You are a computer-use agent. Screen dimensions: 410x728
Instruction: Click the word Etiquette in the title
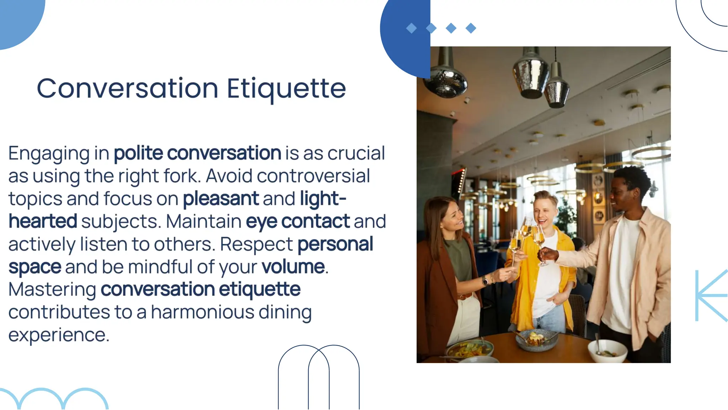pos(286,89)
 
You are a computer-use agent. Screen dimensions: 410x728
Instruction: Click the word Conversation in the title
pos(127,89)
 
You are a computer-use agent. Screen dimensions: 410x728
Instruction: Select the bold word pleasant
pos(221,198)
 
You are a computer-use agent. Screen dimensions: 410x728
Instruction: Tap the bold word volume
pos(293,267)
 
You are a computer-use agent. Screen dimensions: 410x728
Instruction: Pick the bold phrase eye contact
pos(298,221)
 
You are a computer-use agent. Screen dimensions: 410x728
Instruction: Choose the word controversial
pos(313,176)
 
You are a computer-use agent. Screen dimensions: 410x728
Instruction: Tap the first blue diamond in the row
pos(411,28)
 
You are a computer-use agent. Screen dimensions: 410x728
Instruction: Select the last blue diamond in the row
pos(471,28)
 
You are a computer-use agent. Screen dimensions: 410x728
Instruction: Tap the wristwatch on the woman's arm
pos(485,281)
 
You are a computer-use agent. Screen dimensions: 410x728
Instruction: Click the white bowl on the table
pos(607,350)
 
